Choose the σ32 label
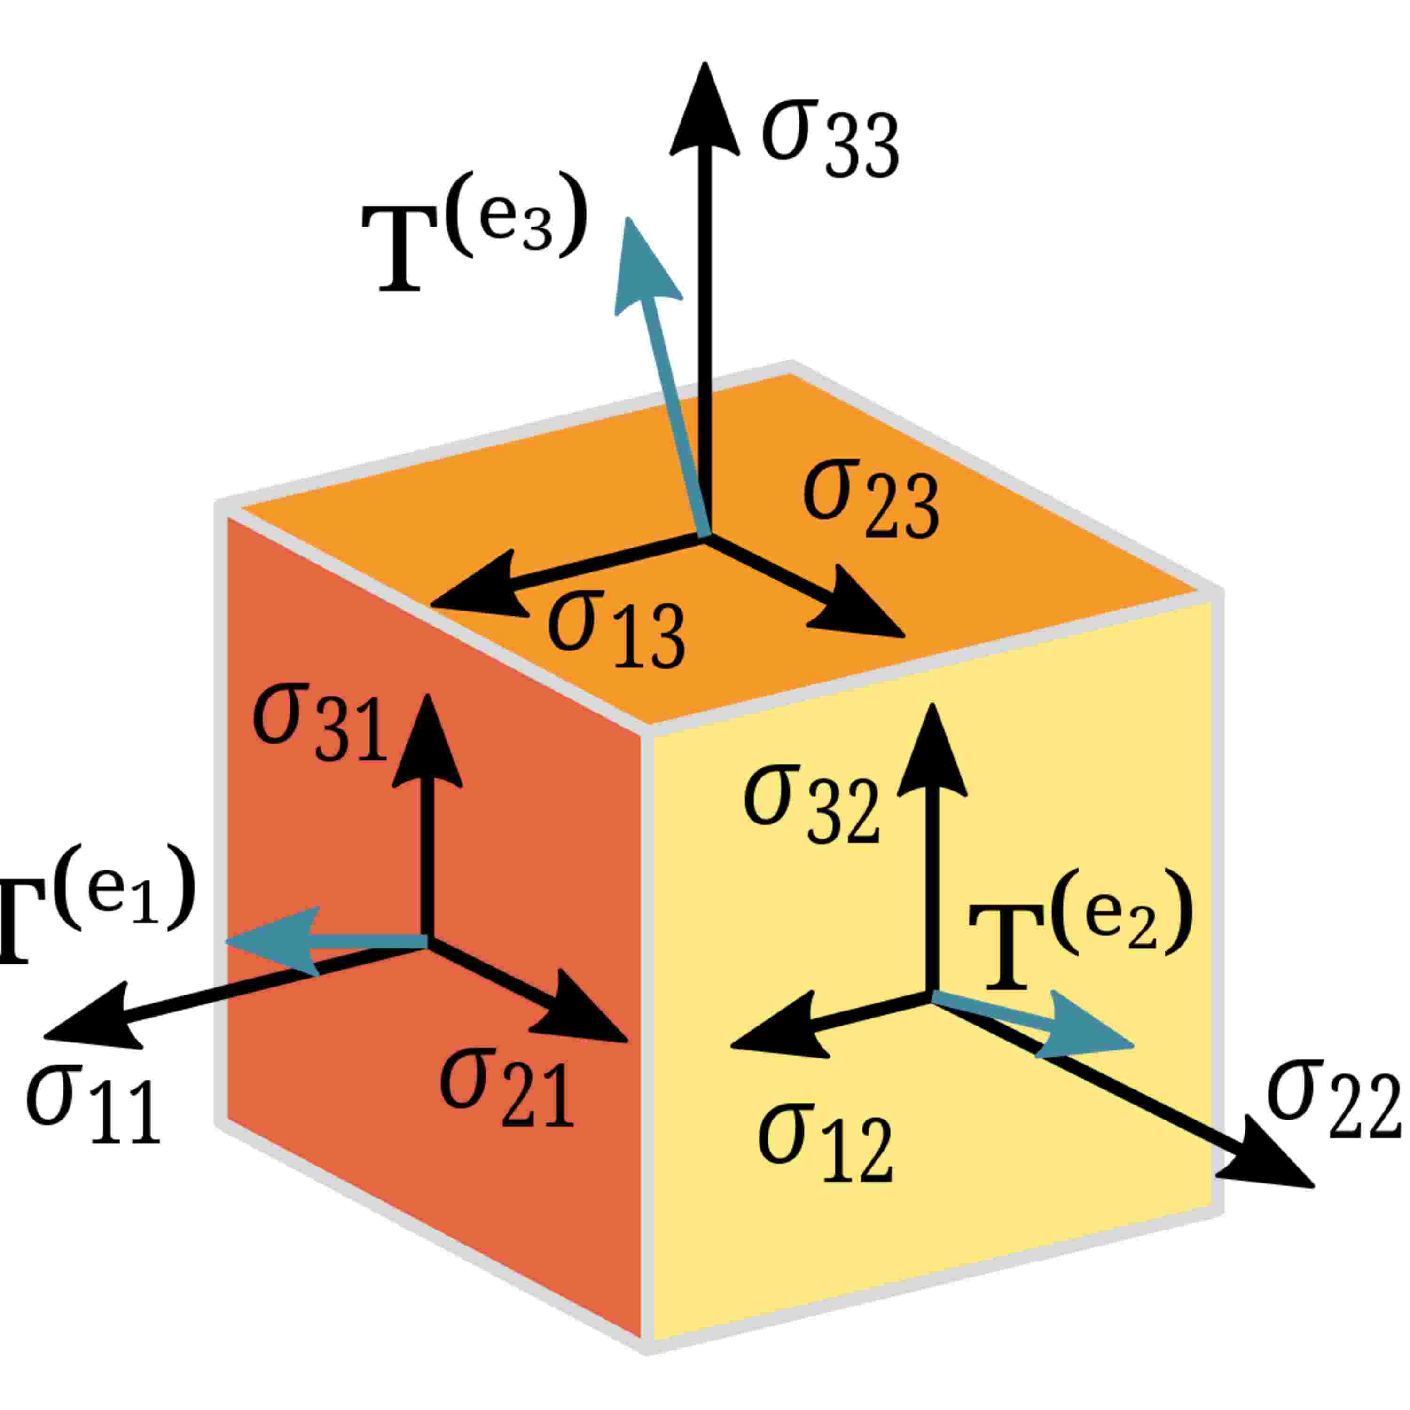(x=810, y=803)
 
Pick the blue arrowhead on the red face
(x=274, y=941)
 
